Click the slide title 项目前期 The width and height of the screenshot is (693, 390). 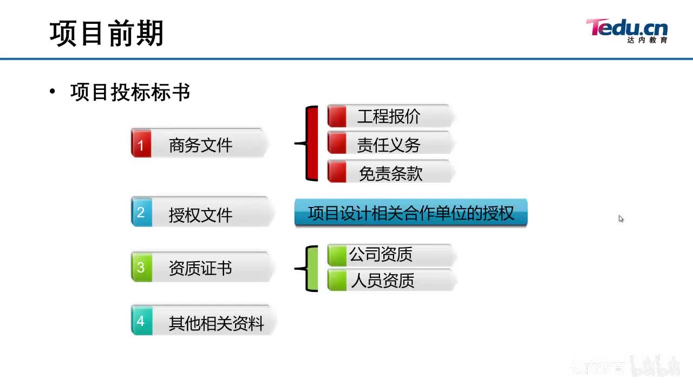[107, 34]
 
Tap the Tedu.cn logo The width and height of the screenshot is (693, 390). [626, 30]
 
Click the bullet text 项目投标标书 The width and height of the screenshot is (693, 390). [130, 93]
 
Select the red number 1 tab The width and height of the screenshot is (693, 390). [141, 145]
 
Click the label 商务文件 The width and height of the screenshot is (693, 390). [200, 145]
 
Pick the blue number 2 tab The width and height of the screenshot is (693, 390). [141, 212]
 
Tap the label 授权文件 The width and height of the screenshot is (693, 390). [200, 214]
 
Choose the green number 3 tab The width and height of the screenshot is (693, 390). [141, 267]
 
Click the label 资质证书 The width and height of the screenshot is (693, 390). [200, 268]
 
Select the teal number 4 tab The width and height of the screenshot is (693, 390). [141, 321]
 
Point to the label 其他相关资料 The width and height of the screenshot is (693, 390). [216, 323]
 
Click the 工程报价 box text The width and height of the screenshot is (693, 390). [388, 116]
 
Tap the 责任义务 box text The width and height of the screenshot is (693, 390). [388, 145]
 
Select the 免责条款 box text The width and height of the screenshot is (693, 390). [390, 173]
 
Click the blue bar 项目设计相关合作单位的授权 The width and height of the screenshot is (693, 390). [410, 212]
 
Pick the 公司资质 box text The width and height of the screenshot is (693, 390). [381, 254]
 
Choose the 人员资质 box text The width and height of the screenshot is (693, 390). [382, 281]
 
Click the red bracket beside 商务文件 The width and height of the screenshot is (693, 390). [310, 144]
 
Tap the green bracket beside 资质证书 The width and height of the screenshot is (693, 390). [311, 268]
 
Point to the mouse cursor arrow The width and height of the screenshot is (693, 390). [620, 218]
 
